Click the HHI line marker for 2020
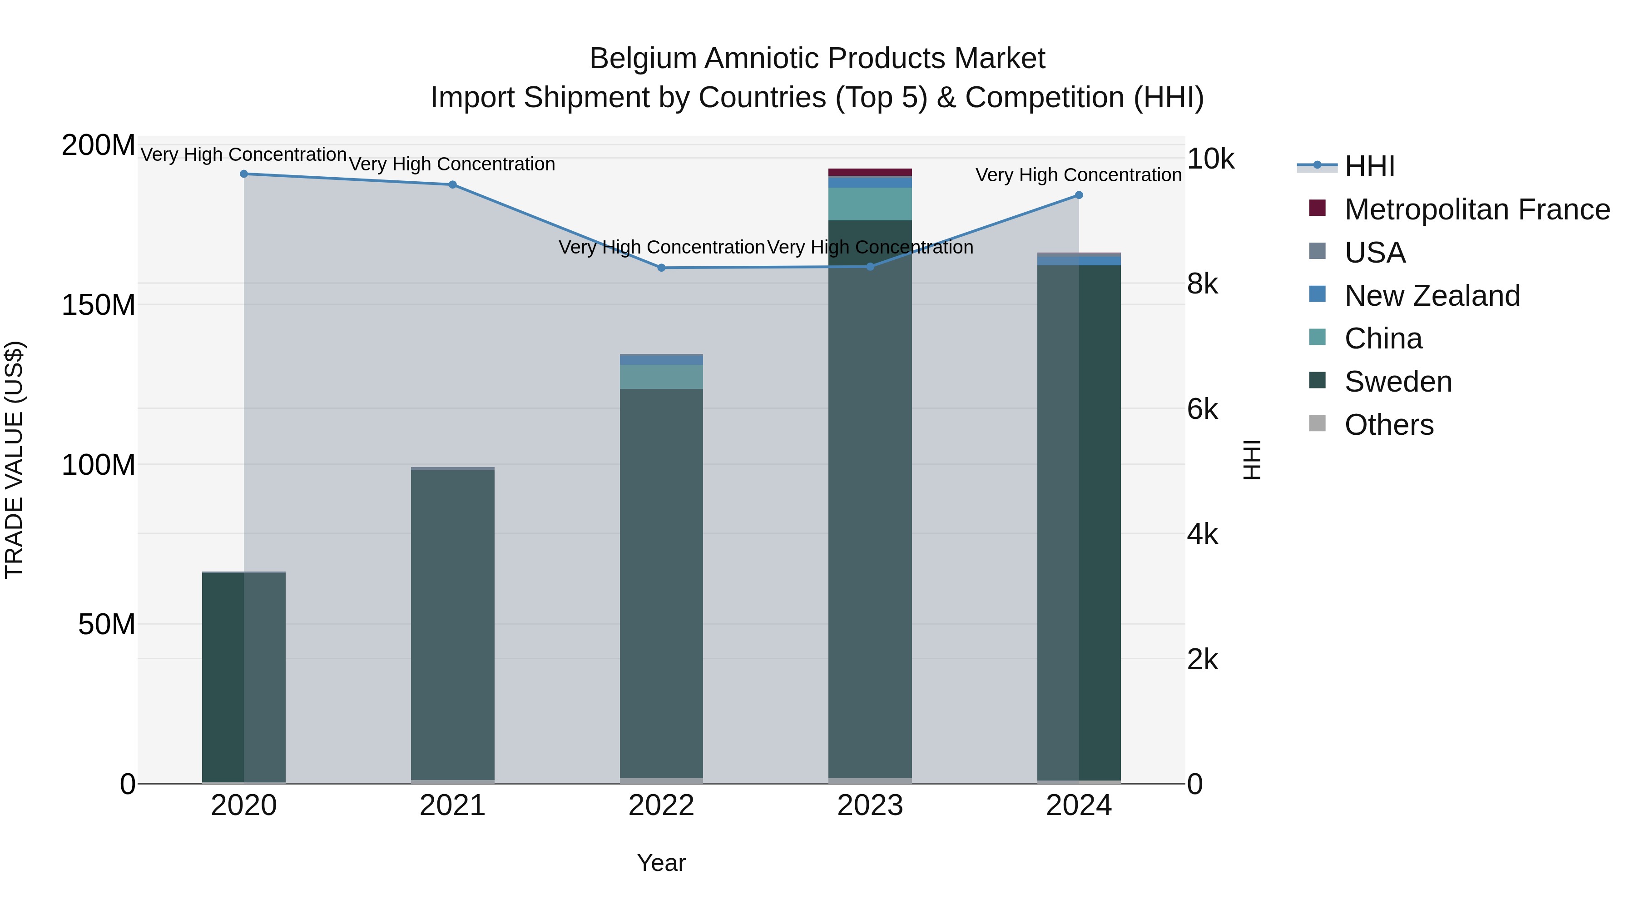point(244,174)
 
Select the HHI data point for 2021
point(452,185)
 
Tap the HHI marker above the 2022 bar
point(661,268)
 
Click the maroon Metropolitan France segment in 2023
point(870,172)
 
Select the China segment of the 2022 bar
point(661,377)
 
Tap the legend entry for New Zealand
point(1432,296)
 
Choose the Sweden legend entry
point(1397,382)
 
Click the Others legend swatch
point(1318,423)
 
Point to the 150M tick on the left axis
point(99,305)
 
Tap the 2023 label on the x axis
point(870,806)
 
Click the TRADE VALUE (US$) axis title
point(14,460)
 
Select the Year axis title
point(661,863)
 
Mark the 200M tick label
point(99,145)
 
